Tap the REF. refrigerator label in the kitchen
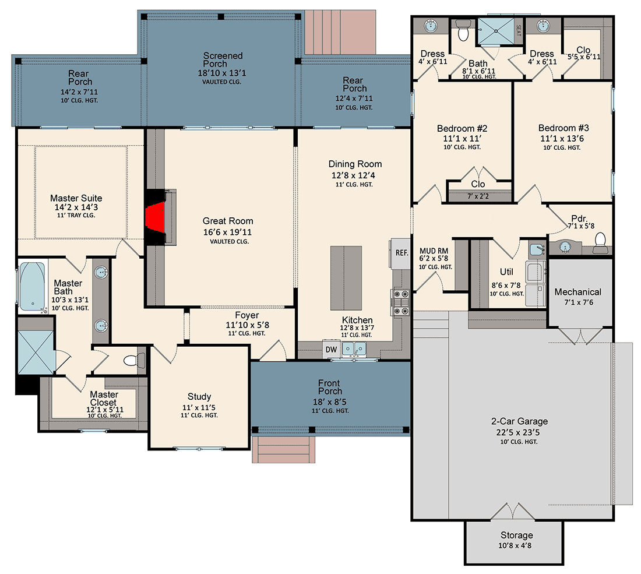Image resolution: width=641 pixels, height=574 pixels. point(401,253)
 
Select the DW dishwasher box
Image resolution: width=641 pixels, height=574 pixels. point(331,350)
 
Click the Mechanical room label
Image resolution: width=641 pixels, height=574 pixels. point(577,292)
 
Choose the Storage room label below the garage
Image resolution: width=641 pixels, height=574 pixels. point(516,535)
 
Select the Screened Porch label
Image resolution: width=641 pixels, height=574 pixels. point(223,60)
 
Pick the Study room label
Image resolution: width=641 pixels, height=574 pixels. point(199,397)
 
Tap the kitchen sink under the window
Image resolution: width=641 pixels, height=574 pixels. point(354,349)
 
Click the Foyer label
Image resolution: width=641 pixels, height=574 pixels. point(246,316)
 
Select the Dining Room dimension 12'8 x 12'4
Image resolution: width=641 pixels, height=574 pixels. point(355,174)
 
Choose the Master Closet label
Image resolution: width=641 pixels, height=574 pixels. point(103,399)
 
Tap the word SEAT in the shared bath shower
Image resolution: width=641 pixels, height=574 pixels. point(519,26)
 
